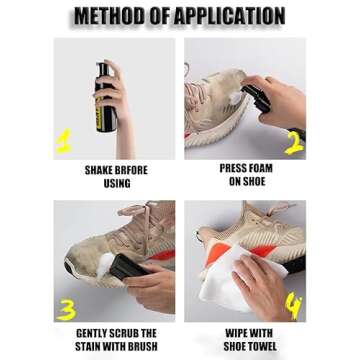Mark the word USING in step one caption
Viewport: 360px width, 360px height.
coord(116,183)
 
